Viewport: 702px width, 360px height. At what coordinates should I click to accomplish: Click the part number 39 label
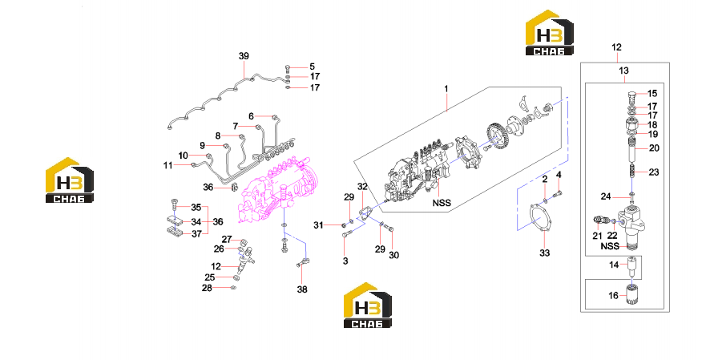tap(244, 56)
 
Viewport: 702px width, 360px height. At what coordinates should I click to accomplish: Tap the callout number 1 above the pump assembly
tap(446, 89)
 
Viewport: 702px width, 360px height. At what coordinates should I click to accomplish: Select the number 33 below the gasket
tap(544, 253)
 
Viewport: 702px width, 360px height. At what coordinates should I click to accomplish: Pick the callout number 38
tap(302, 289)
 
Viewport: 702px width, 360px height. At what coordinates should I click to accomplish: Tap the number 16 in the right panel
tap(613, 296)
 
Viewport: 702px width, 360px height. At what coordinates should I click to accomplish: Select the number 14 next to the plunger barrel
tap(614, 265)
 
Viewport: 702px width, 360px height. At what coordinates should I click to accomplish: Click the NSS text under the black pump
tap(442, 203)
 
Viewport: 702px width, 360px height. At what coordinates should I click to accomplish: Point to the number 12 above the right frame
tap(616, 47)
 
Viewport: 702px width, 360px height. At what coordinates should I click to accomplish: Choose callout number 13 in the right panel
tap(623, 71)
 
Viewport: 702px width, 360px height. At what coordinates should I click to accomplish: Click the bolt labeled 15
tap(631, 95)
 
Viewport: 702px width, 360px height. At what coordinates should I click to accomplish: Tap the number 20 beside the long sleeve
tap(654, 148)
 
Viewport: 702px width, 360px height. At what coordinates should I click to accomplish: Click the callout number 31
tap(318, 225)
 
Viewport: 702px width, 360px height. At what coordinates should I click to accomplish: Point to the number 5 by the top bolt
tap(312, 67)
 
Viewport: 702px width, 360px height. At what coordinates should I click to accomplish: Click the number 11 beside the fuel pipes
tap(168, 166)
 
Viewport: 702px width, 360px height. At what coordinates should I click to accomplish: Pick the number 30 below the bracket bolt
tap(393, 255)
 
